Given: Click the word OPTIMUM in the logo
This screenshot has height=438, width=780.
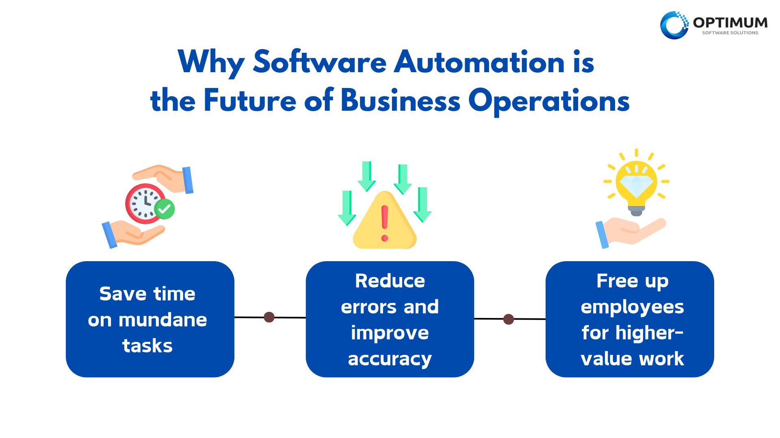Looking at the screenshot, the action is tap(730, 22).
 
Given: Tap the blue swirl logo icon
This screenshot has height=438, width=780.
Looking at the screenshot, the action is tap(674, 25).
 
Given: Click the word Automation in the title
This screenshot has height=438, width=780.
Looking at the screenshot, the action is tap(479, 62).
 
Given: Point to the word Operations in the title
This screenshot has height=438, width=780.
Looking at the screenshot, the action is tap(549, 101).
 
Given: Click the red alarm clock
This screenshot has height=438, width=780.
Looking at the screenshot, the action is tap(145, 203).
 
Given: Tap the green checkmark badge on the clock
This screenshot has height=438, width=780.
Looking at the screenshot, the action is tap(165, 209).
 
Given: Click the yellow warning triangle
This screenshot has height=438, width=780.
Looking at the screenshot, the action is tap(385, 220).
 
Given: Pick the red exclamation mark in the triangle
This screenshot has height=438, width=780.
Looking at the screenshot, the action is tap(385, 223).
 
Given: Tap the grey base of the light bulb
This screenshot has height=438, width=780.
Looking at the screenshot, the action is tap(636, 210).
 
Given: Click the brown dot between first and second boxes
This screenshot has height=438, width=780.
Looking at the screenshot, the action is tap(269, 317).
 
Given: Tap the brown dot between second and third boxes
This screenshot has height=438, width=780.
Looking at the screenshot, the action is tap(509, 319).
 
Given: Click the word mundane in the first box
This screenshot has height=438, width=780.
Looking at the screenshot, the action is tap(163, 320).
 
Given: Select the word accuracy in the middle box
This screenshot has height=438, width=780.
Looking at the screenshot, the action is tap(390, 359).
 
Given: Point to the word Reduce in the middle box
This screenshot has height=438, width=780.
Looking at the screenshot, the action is tap(390, 281).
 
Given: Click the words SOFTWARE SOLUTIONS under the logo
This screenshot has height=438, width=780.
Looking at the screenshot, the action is tap(730, 33).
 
